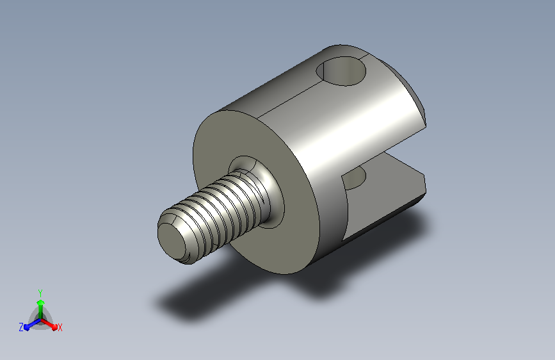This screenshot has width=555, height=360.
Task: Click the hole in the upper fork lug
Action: [x=341, y=71]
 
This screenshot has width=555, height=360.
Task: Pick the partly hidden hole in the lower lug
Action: [x=354, y=179]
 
